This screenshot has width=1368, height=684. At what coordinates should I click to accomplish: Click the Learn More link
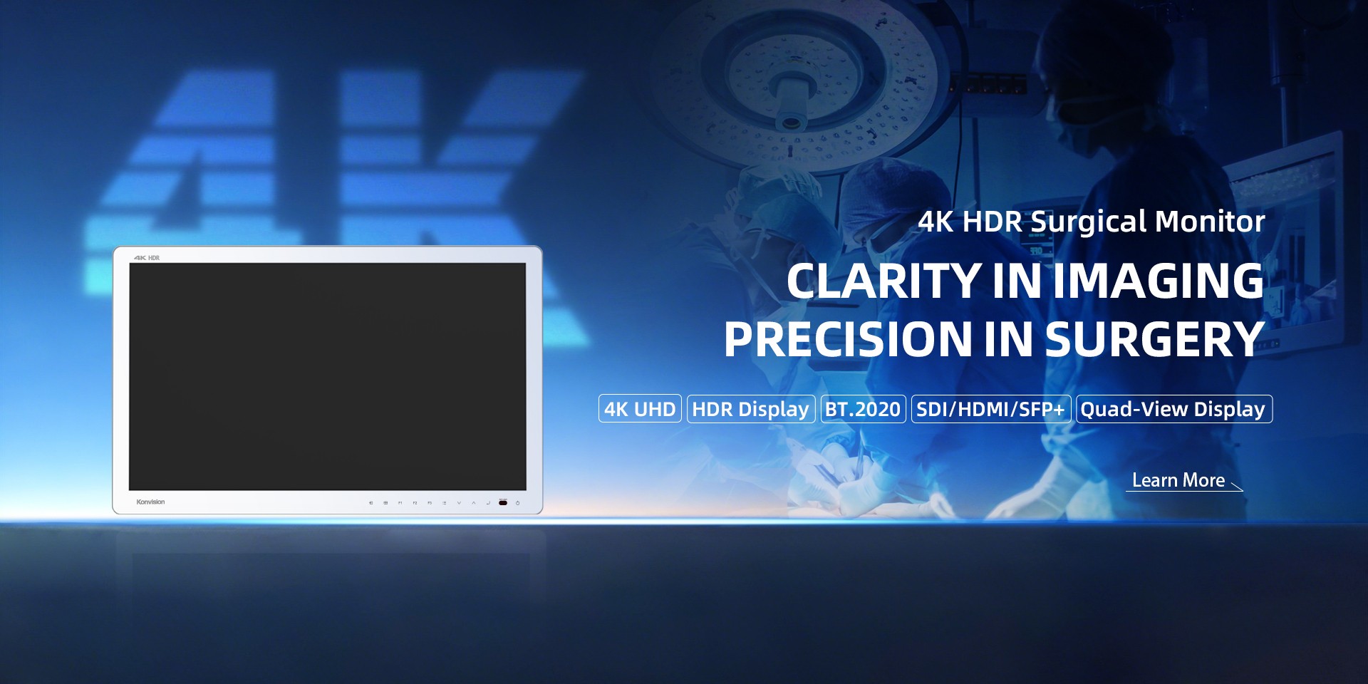click(1178, 480)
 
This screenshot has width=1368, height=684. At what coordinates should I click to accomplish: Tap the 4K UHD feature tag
click(640, 409)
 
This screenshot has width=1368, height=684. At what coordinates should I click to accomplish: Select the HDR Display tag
click(750, 409)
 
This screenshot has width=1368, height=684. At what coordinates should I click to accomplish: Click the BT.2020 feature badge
click(863, 409)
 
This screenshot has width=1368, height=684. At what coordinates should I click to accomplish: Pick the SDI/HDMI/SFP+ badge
click(990, 409)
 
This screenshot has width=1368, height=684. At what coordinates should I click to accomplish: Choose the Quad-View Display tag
click(1173, 409)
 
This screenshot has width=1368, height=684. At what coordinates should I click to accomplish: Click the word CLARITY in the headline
click(883, 281)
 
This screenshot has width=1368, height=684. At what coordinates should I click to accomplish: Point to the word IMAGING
click(1159, 281)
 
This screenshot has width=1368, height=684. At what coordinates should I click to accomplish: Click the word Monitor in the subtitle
click(1210, 222)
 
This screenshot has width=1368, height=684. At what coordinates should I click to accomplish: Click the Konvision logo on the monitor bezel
click(150, 502)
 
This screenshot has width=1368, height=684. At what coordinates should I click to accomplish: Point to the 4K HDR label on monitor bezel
click(147, 258)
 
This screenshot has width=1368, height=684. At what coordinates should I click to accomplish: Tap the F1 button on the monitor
click(400, 503)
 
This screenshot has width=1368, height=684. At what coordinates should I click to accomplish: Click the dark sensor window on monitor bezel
click(503, 503)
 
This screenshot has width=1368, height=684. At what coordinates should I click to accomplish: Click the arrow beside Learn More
click(1237, 487)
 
